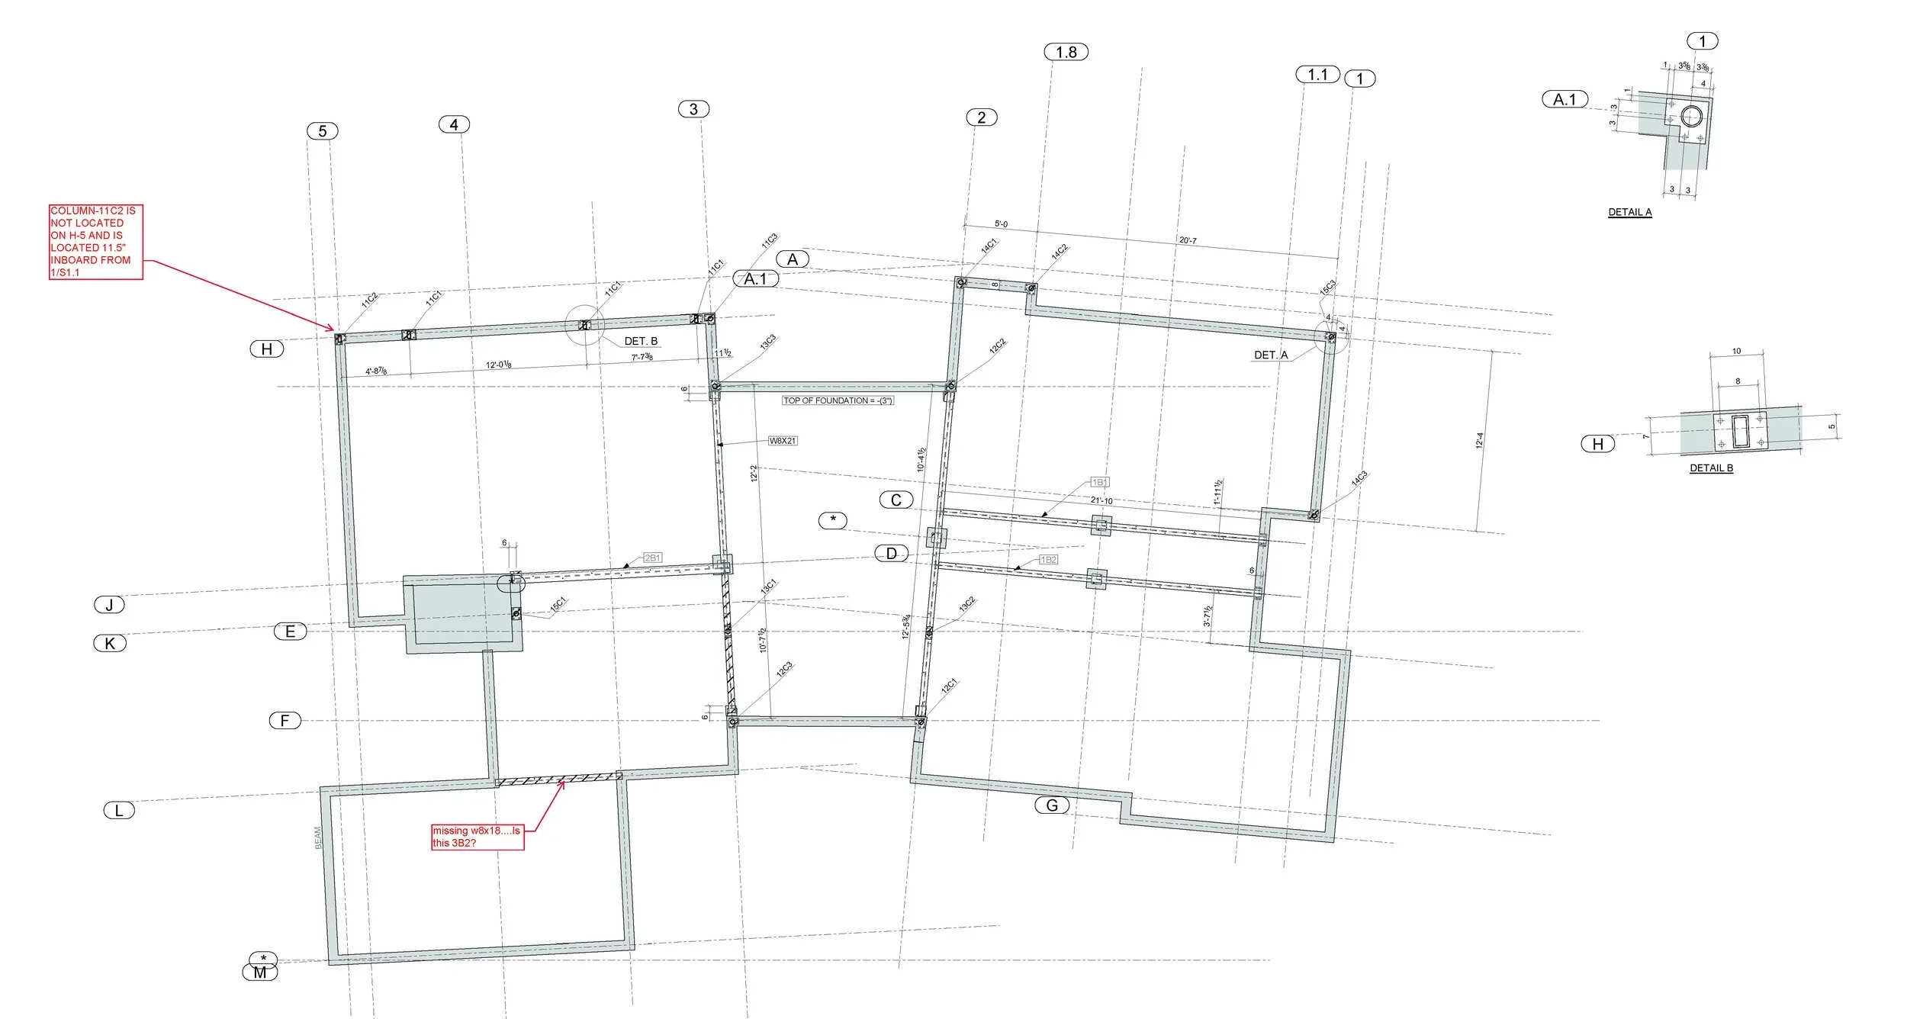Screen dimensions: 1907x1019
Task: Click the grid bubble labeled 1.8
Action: pyautogui.click(x=1066, y=52)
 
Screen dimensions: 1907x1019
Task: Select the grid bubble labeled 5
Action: pyautogui.click(x=322, y=131)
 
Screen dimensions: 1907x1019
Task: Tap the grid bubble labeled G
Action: pyautogui.click(x=1052, y=805)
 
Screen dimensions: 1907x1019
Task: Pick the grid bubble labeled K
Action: pyautogui.click(x=110, y=643)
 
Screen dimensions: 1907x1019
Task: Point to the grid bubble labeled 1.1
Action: pyautogui.click(x=1317, y=75)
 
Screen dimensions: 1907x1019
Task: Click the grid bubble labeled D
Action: pyautogui.click(x=891, y=553)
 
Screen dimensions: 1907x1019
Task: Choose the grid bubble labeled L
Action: pyautogui.click(x=119, y=810)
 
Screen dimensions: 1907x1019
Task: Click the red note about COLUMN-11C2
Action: pyautogui.click(x=95, y=241)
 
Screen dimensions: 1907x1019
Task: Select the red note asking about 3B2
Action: pyautogui.click(x=478, y=836)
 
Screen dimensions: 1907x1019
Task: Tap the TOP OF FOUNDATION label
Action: pyautogui.click(x=838, y=400)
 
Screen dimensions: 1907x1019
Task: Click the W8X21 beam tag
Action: pyautogui.click(x=783, y=441)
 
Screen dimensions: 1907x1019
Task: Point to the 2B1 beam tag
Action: pyautogui.click(x=652, y=558)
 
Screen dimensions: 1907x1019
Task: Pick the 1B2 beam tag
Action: pyautogui.click(x=1049, y=560)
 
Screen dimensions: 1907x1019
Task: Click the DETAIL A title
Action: pyautogui.click(x=1629, y=212)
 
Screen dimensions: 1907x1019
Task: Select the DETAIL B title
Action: pyautogui.click(x=1711, y=468)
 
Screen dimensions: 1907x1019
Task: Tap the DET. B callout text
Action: pyautogui.click(x=641, y=341)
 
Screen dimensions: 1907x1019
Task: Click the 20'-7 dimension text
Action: pyautogui.click(x=1188, y=240)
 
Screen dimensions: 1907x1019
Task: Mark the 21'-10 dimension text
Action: pyautogui.click(x=1101, y=500)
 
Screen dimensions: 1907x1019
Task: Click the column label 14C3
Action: pyautogui.click(x=1359, y=478)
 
